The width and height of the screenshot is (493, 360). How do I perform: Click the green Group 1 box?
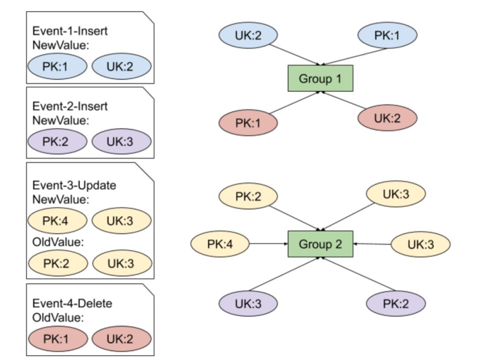pyautogui.click(x=320, y=78)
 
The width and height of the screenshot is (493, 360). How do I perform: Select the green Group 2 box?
pyautogui.click(x=320, y=244)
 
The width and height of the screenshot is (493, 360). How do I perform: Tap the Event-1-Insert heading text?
pyautogui.click(x=70, y=31)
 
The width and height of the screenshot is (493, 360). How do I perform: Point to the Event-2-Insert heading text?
pyautogui.click(x=70, y=106)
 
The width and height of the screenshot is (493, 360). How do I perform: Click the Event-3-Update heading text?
pyautogui.click(x=74, y=186)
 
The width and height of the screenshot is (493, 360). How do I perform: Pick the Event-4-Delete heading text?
pyautogui.click(x=72, y=303)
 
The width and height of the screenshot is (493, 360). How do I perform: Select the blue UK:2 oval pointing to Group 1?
pyautogui.click(x=248, y=36)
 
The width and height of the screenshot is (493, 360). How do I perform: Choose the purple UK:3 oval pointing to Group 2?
pyautogui.click(x=248, y=303)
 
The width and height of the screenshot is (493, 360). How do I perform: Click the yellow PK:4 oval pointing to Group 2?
pyautogui.click(x=220, y=244)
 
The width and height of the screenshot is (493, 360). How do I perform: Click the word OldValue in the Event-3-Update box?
pyautogui.click(x=58, y=242)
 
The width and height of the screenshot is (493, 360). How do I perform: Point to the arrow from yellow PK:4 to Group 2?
pyautogui.click(x=268, y=244)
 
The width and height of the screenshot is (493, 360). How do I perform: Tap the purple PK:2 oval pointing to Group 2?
pyautogui.click(x=396, y=303)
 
